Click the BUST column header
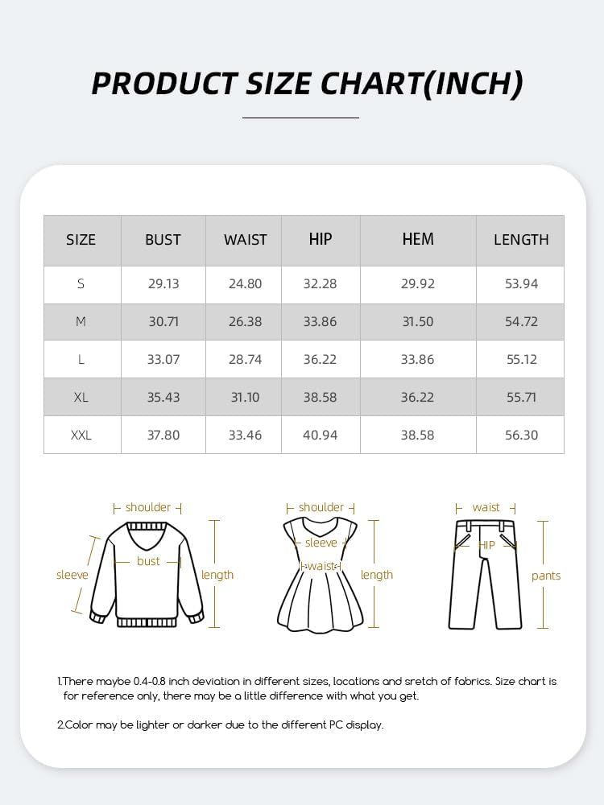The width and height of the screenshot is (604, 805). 163,240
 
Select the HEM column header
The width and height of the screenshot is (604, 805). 418,239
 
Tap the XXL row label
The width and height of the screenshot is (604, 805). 81,435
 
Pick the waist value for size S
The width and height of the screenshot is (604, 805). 245,283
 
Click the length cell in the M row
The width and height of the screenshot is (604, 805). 521,321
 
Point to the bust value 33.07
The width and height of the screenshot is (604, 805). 163,359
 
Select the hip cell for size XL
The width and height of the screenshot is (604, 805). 320,397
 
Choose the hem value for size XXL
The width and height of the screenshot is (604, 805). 418,435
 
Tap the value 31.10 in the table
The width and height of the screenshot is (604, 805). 245,397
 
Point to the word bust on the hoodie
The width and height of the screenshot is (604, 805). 148,561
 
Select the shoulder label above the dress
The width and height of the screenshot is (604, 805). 321,507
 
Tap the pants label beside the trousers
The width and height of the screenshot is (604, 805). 546,576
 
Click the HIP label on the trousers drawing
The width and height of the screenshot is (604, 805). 487,545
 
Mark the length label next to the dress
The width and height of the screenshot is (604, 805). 377,575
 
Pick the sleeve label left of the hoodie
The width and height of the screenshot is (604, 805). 72,575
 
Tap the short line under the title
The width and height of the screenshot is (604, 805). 300,118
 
